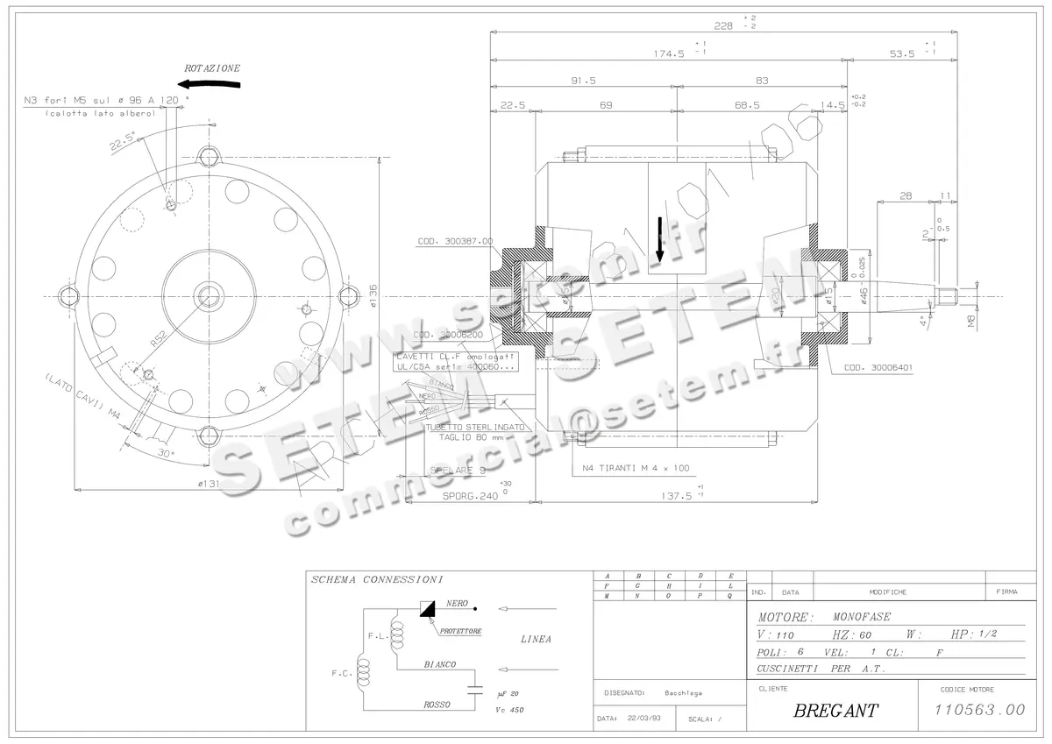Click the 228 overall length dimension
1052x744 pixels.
tap(722, 26)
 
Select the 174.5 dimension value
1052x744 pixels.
tap(668, 53)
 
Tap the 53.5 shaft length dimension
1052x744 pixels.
tap(901, 53)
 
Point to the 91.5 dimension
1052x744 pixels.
tap(582, 80)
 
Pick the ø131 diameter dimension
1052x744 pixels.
tap(208, 483)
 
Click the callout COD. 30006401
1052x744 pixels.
tap(877, 368)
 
